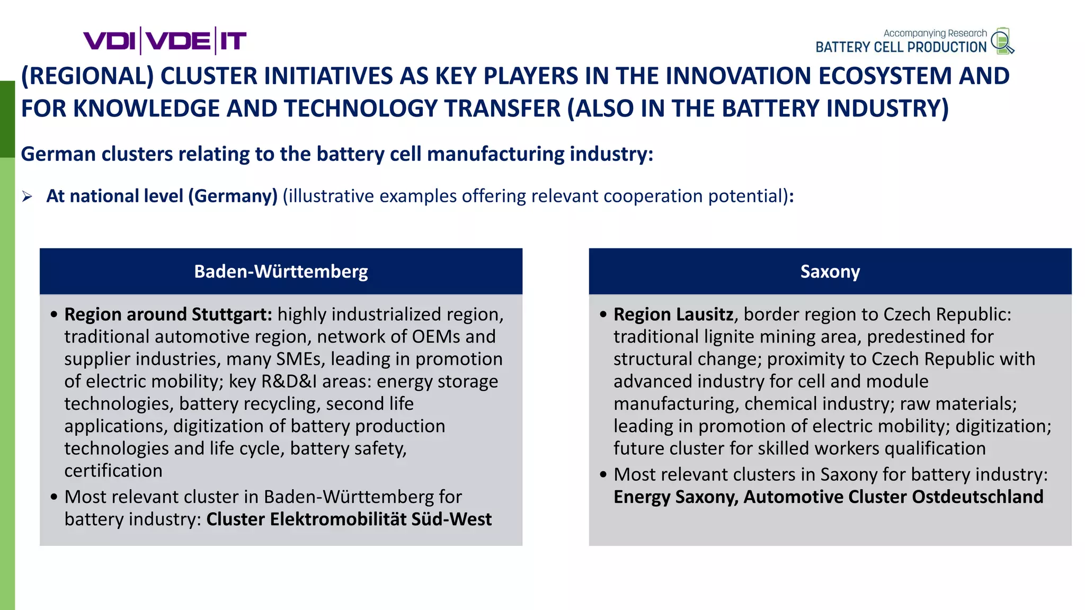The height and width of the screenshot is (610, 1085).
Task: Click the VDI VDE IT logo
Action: [165, 41]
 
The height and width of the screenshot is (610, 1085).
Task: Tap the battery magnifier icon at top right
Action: [1002, 41]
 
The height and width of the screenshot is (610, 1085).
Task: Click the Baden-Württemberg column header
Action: [281, 271]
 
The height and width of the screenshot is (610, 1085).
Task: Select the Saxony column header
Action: [830, 271]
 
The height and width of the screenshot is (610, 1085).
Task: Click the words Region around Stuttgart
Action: [168, 315]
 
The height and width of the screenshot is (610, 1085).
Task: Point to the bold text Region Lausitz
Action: [673, 315]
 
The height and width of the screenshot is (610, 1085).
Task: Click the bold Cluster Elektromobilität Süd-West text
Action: [349, 519]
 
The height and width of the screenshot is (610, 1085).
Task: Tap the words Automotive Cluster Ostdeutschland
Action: [893, 497]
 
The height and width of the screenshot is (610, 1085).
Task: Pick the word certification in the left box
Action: [113, 471]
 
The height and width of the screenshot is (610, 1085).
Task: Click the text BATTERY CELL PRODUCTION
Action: [901, 47]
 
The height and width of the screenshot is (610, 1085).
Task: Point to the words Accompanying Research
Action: [935, 33]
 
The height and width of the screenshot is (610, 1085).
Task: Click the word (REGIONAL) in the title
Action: [87, 76]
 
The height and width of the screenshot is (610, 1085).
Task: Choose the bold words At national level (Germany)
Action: [162, 196]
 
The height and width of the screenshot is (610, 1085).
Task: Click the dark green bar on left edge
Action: [7, 119]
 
